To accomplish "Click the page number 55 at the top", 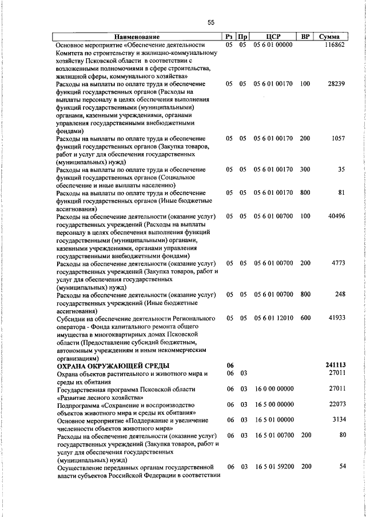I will coord(210,22).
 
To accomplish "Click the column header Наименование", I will coord(136,37).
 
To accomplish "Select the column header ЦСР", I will coord(272,37).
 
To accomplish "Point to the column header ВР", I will coord(305,37).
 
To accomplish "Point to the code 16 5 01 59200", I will coord(273,467).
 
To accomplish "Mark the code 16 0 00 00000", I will coord(273,388).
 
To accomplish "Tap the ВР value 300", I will coord(304,170).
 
